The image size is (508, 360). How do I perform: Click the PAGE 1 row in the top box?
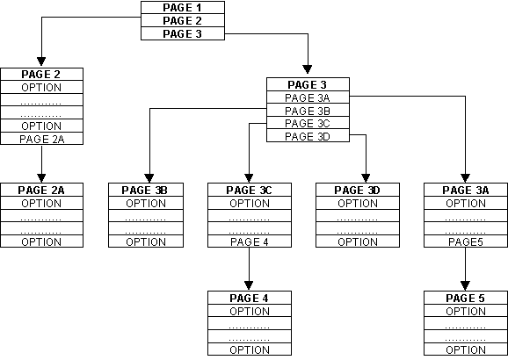182,7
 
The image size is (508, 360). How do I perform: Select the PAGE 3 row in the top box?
182,33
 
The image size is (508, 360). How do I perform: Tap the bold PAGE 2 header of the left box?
41,75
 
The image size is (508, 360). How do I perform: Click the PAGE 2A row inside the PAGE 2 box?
41,139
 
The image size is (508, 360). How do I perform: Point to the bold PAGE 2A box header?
41,190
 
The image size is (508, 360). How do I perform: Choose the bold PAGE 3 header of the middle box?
308,84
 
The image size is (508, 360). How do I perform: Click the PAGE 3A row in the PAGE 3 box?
308,97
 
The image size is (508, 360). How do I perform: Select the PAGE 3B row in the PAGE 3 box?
308,111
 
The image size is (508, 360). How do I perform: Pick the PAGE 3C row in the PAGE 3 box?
308,123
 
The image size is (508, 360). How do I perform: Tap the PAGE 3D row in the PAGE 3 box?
308,136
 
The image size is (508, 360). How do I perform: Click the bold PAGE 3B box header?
149,190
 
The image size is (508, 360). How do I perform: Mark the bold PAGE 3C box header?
249,190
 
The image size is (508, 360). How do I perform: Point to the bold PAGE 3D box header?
357,190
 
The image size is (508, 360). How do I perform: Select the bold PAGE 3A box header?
465,190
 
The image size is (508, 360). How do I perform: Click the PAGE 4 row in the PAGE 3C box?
249,241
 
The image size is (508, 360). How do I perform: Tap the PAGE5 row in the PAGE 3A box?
465,241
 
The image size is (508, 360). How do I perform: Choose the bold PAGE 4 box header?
249,299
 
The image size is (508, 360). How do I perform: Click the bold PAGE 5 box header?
465,299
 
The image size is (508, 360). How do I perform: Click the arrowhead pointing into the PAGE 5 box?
465,287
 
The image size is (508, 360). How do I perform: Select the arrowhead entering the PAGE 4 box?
249,287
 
